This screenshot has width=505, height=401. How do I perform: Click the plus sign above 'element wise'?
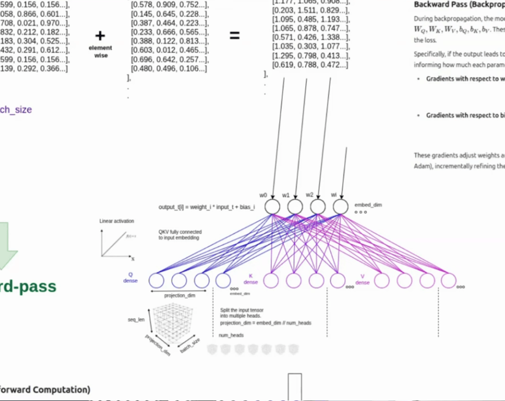(x=100, y=36)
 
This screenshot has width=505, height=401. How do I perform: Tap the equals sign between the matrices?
(x=235, y=35)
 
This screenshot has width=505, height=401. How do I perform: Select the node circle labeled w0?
(x=272, y=207)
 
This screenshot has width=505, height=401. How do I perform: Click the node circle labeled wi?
(x=340, y=207)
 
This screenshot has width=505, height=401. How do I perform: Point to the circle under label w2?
(x=317, y=207)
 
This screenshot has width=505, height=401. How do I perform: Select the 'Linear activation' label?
(x=116, y=221)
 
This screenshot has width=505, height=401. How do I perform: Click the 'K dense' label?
(x=251, y=279)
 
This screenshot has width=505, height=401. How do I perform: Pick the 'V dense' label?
(x=362, y=279)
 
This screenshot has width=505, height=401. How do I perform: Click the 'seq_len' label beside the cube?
(x=136, y=320)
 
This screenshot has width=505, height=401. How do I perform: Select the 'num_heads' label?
(x=231, y=335)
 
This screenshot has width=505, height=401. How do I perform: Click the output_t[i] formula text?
(x=207, y=207)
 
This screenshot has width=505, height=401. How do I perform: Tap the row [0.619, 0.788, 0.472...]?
(x=310, y=65)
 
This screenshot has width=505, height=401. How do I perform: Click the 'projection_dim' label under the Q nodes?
(x=179, y=296)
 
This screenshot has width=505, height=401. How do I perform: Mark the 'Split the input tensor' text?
(x=242, y=310)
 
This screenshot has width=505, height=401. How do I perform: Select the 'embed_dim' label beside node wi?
(x=364, y=205)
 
